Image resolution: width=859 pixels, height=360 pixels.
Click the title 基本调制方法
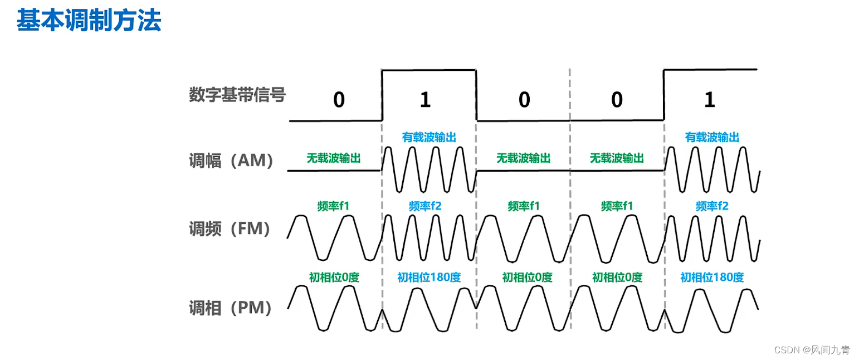89,21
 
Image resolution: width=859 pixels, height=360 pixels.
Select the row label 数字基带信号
237,95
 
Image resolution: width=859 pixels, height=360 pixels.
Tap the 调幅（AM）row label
232,161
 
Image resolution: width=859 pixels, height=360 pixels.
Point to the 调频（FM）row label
230,228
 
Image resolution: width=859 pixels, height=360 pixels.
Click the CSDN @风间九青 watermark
812,350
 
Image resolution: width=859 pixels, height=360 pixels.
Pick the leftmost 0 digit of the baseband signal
339,100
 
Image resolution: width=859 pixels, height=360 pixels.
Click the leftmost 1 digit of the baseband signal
425,100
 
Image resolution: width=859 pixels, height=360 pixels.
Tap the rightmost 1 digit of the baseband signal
709,100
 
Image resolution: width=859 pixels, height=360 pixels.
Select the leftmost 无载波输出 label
334,158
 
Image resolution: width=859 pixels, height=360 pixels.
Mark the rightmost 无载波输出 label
617,158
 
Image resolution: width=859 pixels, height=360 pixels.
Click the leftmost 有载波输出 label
429,137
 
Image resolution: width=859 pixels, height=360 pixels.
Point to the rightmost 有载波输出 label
712,137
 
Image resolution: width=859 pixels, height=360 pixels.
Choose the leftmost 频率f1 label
333,206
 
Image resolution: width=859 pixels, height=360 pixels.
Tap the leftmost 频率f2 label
425,206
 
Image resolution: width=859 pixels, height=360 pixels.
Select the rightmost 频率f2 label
712,206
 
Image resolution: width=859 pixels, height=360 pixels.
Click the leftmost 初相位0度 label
334,277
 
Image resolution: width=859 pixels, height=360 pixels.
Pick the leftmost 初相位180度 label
429,277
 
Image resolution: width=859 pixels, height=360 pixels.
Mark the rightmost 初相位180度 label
712,277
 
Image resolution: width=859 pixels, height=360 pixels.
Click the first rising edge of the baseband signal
382,95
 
